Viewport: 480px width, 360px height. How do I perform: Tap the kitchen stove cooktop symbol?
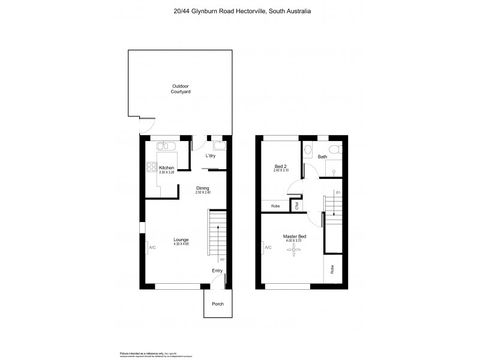(151, 167)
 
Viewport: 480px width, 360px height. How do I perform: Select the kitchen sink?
(163, 146)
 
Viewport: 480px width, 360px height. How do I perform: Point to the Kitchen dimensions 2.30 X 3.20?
(166, 173)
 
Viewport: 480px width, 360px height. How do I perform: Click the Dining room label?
(202, 188)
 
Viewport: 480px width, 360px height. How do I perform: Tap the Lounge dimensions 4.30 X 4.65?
(181, 244)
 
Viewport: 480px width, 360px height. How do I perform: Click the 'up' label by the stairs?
(222, 259)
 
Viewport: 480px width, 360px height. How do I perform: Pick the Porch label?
(218, 304)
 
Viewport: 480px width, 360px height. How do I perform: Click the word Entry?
(217, 271)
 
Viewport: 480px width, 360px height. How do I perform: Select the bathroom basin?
(308, 149)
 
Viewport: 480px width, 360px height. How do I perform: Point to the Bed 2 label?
(280, 166)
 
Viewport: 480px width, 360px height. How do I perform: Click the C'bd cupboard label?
(296, 206)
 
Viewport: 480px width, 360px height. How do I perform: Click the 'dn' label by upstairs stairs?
(338, 193)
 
